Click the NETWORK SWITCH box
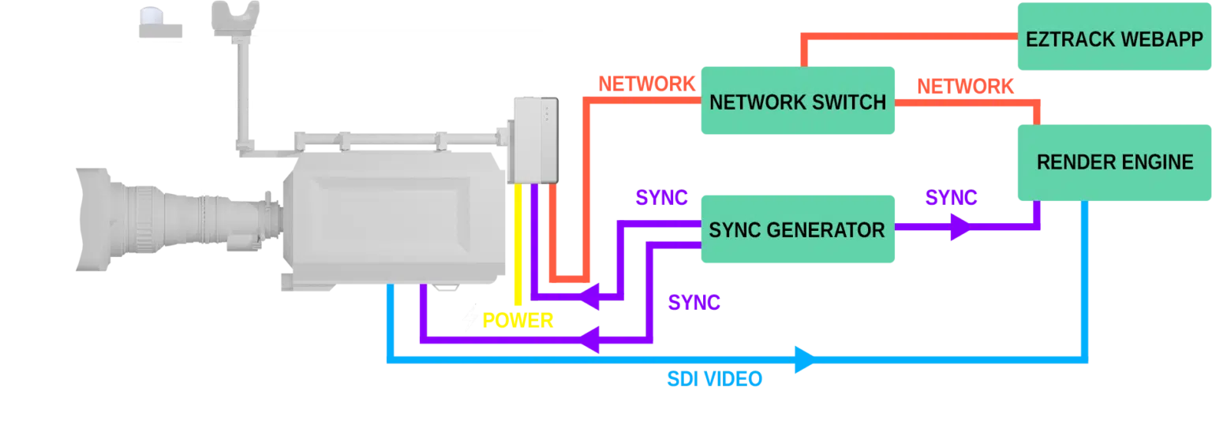pyautogui.click(x=798, y=102)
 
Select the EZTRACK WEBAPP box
pyautogui.click(x=1113, y=39)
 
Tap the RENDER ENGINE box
pyautogui.click(x=1113, y=162)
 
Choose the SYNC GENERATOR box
pyautogui.click(x=798, y=229)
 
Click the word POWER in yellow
pyautogui.click(x=518, y=320)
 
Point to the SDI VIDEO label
pyautogui.click(x=714, y=380)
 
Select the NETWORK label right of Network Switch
pyautogui.click(x=963, y=87)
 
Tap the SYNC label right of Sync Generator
pyautogui.click(x=950, y=199)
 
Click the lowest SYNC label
pyautogui.click(x=694, y=302)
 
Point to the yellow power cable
pyautogui.click(x=518, y=244)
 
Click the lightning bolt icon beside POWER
pyautogui.click(x=471, y=320)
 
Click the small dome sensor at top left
pyautogui.click(x=157, y=20)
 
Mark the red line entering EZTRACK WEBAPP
pyautogui.click(x=907, y=37)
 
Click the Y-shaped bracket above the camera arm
pyautogui.click(x=238, y=19)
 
